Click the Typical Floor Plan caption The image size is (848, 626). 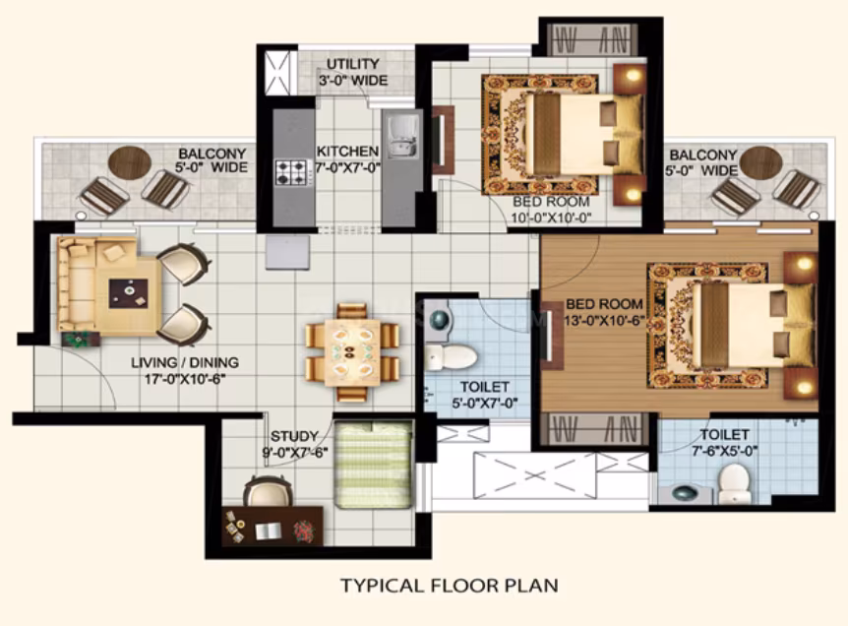(449, 586)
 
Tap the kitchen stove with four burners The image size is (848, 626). (290, 172)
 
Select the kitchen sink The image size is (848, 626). (401, 138)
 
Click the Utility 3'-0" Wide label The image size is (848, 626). (352, 73)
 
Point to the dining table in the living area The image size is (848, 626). (352, 352)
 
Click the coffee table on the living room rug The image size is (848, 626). (129, 293)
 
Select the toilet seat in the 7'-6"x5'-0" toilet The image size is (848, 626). (734, 483)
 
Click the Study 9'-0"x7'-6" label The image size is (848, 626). (295, 444)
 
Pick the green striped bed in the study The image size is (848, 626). (373, 465)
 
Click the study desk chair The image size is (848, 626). (268, 491)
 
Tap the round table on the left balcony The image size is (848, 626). (130, 161)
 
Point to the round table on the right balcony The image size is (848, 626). (760, 162)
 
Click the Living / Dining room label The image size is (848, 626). (185, 370)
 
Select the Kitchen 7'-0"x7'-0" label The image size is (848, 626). (347, 159)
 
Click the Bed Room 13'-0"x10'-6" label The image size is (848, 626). (604, 312)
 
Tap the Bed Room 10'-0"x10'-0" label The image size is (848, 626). (551, 210)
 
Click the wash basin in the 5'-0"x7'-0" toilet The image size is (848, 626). (440, 319)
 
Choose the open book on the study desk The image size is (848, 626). (268, 532)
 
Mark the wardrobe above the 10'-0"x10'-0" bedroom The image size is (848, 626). (593, 39)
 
